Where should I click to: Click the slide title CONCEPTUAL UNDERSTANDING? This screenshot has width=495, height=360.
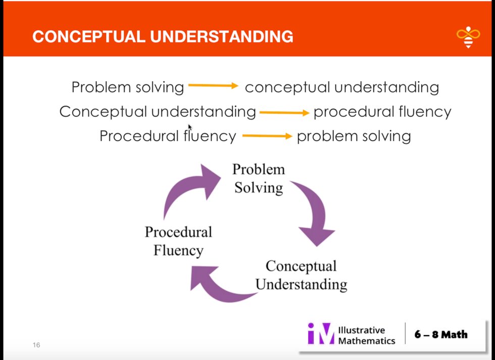click(163, 37)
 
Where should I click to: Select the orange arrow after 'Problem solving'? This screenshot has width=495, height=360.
click(213, 86)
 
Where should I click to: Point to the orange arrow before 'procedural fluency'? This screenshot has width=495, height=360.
click(284, 113)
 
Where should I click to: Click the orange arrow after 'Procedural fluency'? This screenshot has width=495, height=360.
click(267, 136)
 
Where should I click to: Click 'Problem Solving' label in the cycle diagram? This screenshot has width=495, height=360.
click(259, 178)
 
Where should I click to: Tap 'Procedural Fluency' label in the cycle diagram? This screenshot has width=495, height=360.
click(178, 241)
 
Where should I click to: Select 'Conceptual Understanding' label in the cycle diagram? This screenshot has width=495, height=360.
click(301, 275)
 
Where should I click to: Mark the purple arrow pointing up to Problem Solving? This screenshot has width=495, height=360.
click(189, 189)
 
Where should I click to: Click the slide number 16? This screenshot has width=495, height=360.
click(36, 345)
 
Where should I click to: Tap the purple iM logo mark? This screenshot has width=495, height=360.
click(321, 334)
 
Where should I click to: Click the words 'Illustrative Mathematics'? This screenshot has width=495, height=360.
click(366, 335)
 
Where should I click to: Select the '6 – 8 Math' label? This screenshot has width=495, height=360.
click(441, 334)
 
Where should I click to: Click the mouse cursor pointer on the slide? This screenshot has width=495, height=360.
click(190, 127)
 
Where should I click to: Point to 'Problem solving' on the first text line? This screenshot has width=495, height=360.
click(128, 87)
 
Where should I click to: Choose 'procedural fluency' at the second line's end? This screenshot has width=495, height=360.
click(382, 112)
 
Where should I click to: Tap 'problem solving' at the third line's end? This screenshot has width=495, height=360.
click(354, 136)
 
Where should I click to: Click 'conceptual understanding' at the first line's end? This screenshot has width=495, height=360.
click(341, 87)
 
